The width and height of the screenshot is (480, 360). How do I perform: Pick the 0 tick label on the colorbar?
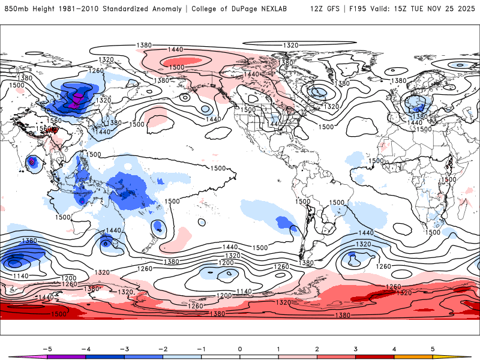pos(240,348)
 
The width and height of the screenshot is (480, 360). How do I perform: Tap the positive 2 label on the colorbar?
pos(317,348)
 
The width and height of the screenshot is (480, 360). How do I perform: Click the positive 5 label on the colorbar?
pos(433,348)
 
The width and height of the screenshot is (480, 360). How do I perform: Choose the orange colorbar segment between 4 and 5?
pos(413,357)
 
